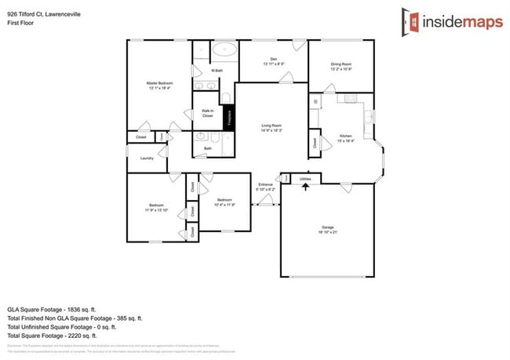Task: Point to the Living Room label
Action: tap(271, 126)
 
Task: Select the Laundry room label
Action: tap(147, 158)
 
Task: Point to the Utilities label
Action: tap(305, 179)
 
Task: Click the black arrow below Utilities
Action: tap(305, 186)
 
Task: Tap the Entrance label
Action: tap(266, 187)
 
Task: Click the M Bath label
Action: tap(217, 71)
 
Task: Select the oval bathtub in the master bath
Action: tap(224, 49)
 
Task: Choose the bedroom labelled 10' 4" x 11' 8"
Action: tap(224, 202)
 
